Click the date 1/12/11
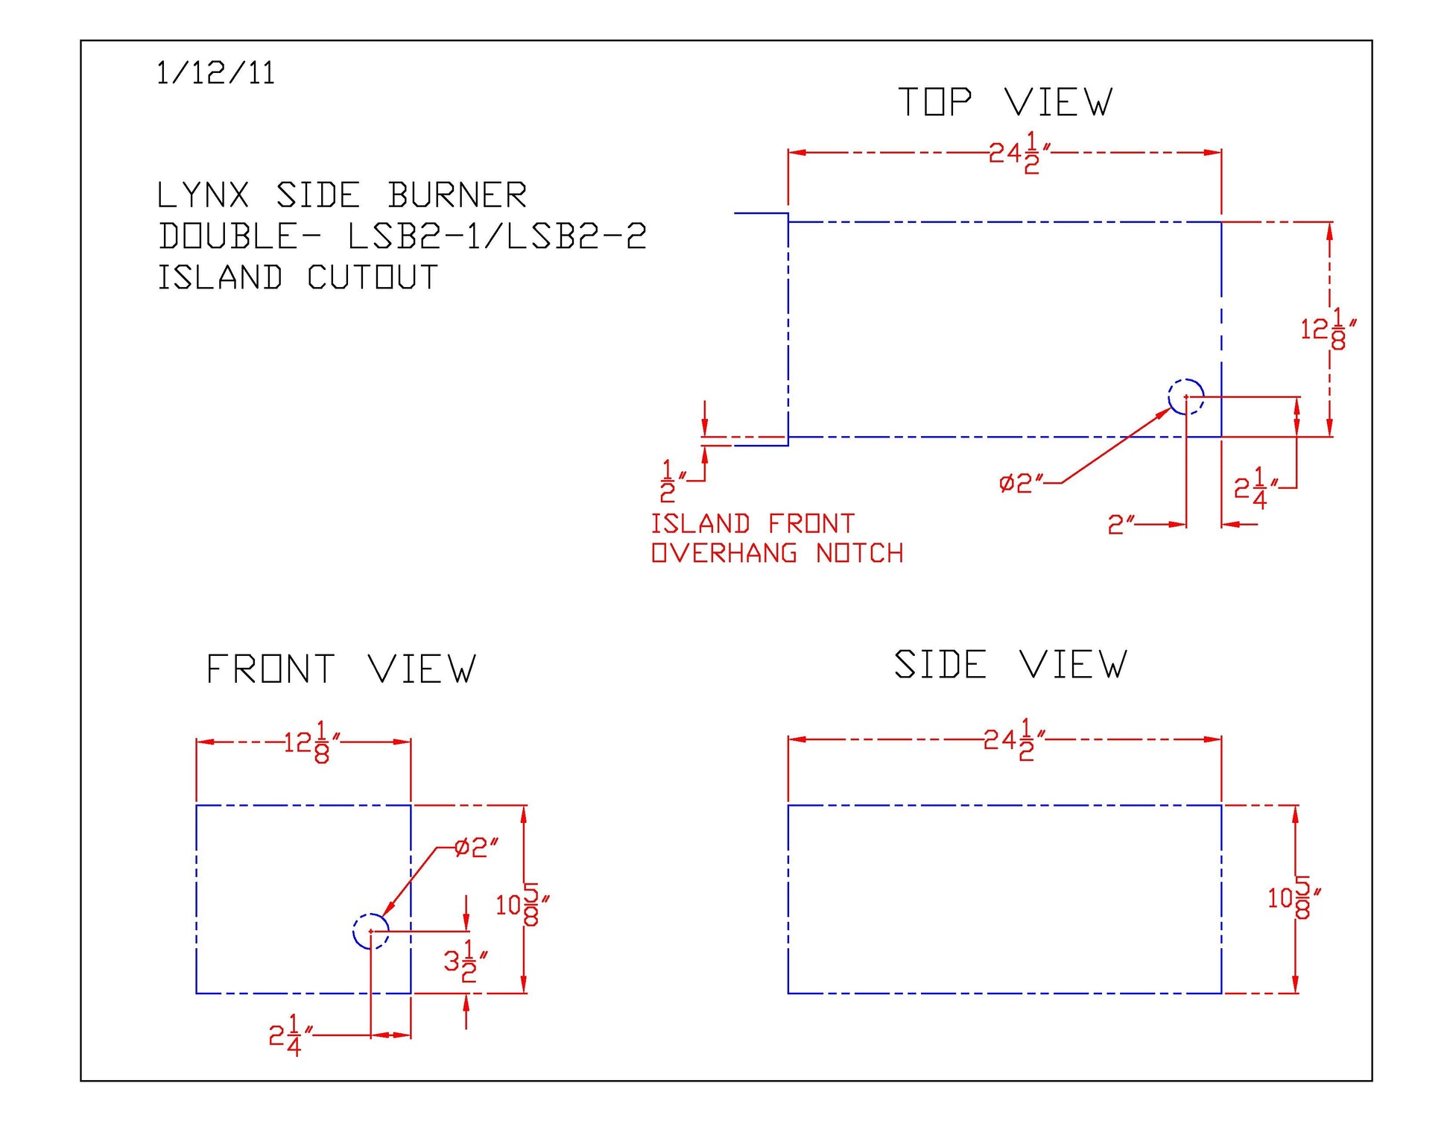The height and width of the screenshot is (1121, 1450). point(215,74)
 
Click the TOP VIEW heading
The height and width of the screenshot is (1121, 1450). point(1005,102)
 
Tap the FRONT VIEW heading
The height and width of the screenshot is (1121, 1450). point(341,669)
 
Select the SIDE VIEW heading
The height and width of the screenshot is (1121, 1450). point(1010,664)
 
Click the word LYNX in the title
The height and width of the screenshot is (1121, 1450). point(203,196)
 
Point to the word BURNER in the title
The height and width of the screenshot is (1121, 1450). point(457,196)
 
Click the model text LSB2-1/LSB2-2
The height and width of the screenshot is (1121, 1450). point(497,237)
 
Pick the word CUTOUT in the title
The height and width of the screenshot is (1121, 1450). point(372,278)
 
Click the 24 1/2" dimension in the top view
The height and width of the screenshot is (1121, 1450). point(1019,153)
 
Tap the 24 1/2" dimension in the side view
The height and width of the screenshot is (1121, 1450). point(1013,740)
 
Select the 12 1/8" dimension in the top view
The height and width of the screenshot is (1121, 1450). point(1327,329)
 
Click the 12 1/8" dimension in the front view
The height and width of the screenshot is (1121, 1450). point(311,742)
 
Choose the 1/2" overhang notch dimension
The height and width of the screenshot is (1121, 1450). point(672,481)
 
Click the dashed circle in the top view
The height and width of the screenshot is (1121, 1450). point(1185,397)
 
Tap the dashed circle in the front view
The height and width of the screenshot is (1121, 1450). point(370,931)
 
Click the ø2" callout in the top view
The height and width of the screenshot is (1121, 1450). point(1021,484)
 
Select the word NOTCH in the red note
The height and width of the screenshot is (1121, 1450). point(859,554)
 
